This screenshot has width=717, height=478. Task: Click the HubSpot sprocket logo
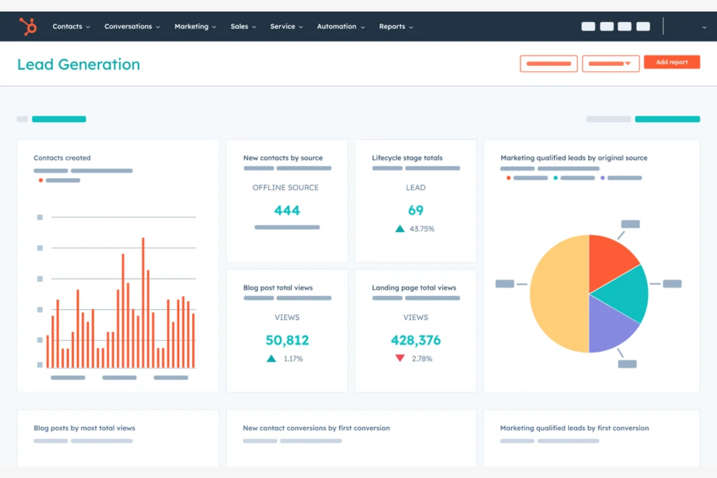pos(28,26)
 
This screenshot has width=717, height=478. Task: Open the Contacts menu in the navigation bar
pos(71,27)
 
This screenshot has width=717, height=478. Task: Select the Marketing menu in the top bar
pos(195,27)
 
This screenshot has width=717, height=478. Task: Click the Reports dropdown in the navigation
pos(395,27)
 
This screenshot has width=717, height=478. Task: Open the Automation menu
pos(340,27)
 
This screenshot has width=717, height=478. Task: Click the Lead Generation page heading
pos(78,64)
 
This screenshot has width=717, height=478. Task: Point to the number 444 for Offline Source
pos(287,211)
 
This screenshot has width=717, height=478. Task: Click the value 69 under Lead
pos(416,211)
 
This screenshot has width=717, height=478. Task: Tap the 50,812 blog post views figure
pos(287,340)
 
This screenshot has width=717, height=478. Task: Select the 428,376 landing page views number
pos(416,340)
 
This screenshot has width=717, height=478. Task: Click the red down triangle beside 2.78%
pos(400,358)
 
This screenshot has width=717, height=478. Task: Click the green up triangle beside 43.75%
pos(400,229)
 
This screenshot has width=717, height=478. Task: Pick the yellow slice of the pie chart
pos(557,293)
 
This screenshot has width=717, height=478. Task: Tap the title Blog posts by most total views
pos(84,428)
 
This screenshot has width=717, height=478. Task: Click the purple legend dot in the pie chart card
pos(603,178)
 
